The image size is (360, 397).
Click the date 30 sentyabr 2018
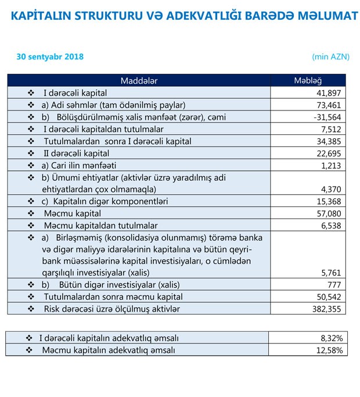[x=50, y=56]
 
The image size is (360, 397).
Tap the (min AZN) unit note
[x=329, y=56]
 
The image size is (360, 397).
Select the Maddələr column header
[x=139, y=80]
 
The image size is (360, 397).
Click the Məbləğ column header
[x=308, y=80]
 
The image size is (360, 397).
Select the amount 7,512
[x=333, y=129]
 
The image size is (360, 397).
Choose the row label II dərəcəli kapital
[x=77, y=153]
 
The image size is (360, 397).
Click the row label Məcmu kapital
[x=70, y=213]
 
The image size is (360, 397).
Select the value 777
[x=336, y=284]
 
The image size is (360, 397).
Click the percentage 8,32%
[x=332, y=338]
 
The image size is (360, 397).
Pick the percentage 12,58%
[x=330, y=350]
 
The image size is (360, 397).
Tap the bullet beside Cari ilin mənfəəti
[x=31, y=165]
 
